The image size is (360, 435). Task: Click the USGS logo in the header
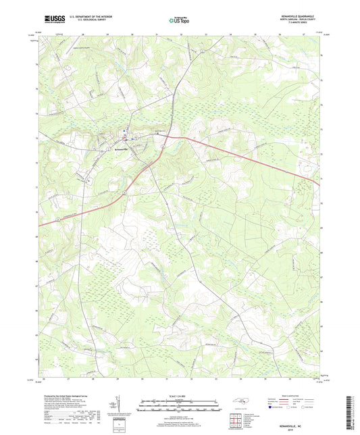click(51, 20)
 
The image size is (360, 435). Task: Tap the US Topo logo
click(177, 21)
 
